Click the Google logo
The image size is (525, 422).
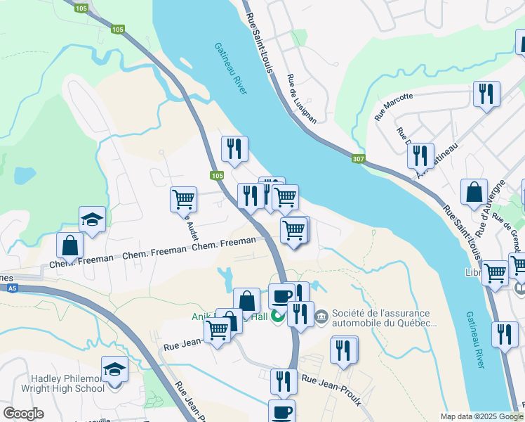pos(24,414)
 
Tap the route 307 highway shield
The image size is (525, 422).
pos(359,159)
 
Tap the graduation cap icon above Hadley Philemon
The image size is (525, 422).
pos(115,368)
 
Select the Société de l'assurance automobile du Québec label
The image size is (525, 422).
pos(386,319)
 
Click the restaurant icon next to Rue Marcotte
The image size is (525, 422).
pos(486,94)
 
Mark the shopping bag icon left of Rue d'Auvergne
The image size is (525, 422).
pos(474,191)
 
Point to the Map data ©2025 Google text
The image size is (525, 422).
pos(481,416)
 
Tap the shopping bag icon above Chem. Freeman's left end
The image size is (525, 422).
pos(70,245)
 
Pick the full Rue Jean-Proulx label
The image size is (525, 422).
pos(331,389)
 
